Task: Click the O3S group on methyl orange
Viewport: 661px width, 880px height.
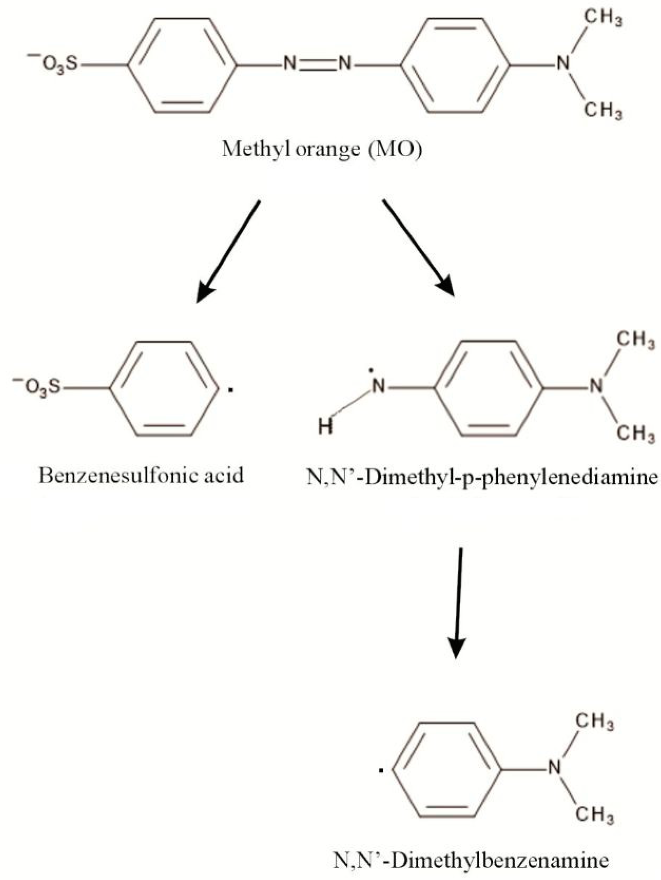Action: (x=54, y=65)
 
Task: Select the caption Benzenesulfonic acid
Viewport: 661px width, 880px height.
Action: (x=141, y=475)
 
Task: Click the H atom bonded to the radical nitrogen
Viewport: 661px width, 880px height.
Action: (x=326, y=428)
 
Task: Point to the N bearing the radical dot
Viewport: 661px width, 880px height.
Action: (x=379, y=386)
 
